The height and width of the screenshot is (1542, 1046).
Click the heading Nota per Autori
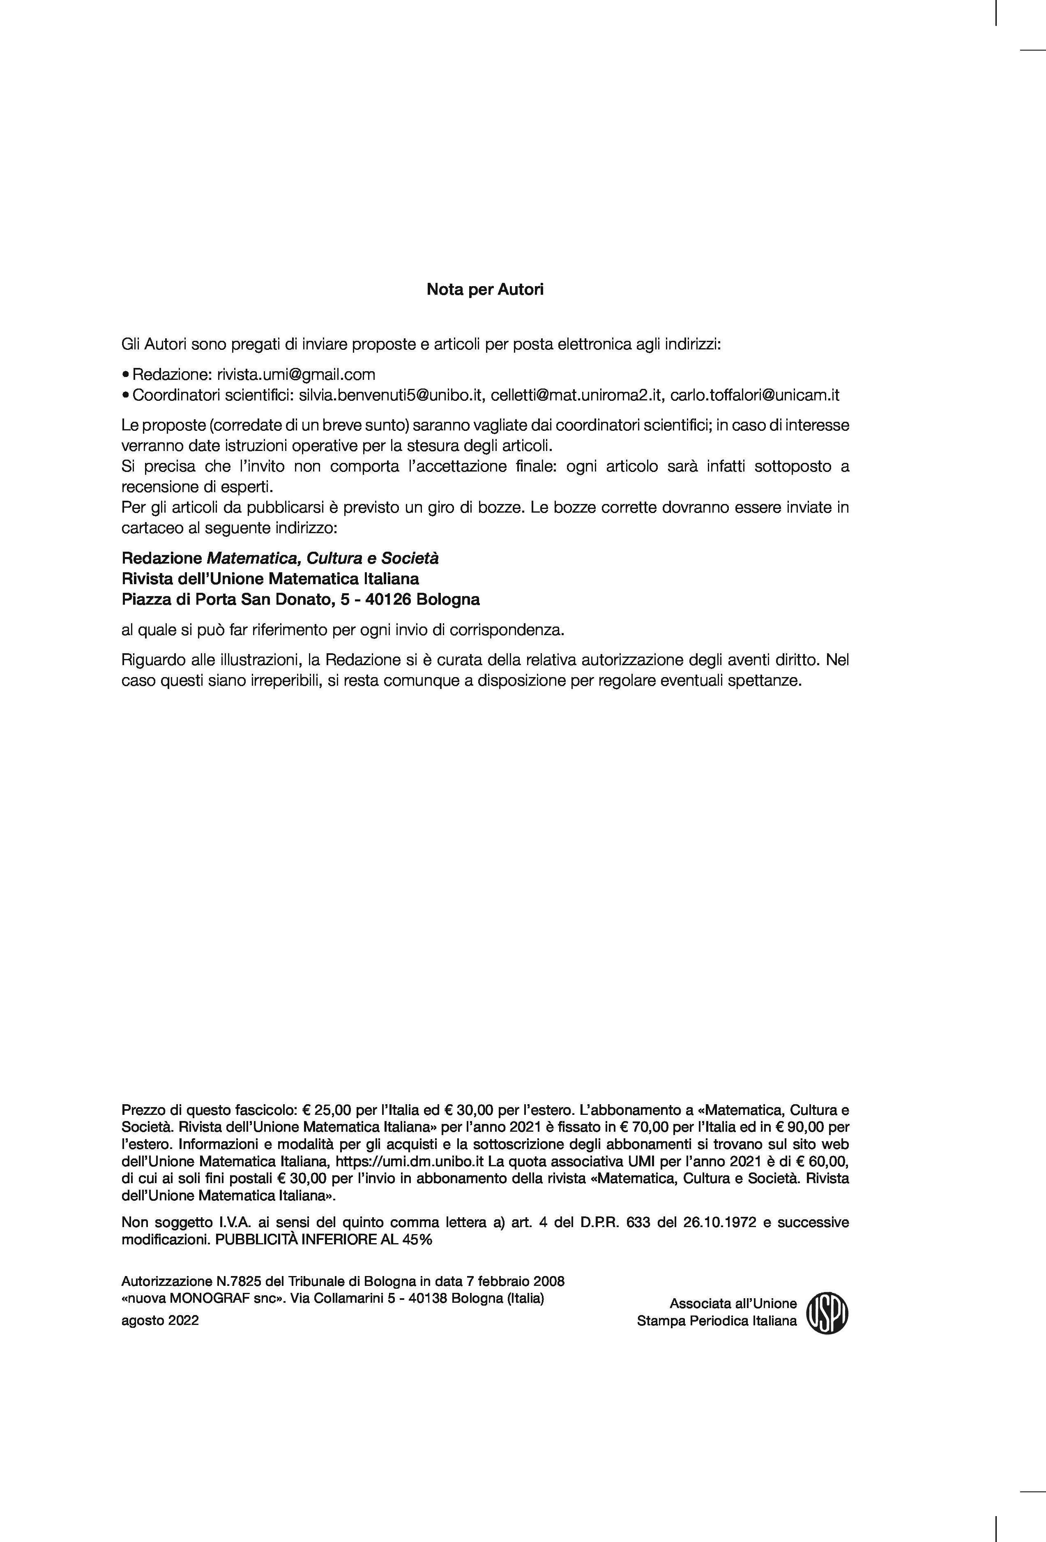click(485, 290)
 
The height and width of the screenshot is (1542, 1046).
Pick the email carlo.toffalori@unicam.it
click(755, 395)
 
